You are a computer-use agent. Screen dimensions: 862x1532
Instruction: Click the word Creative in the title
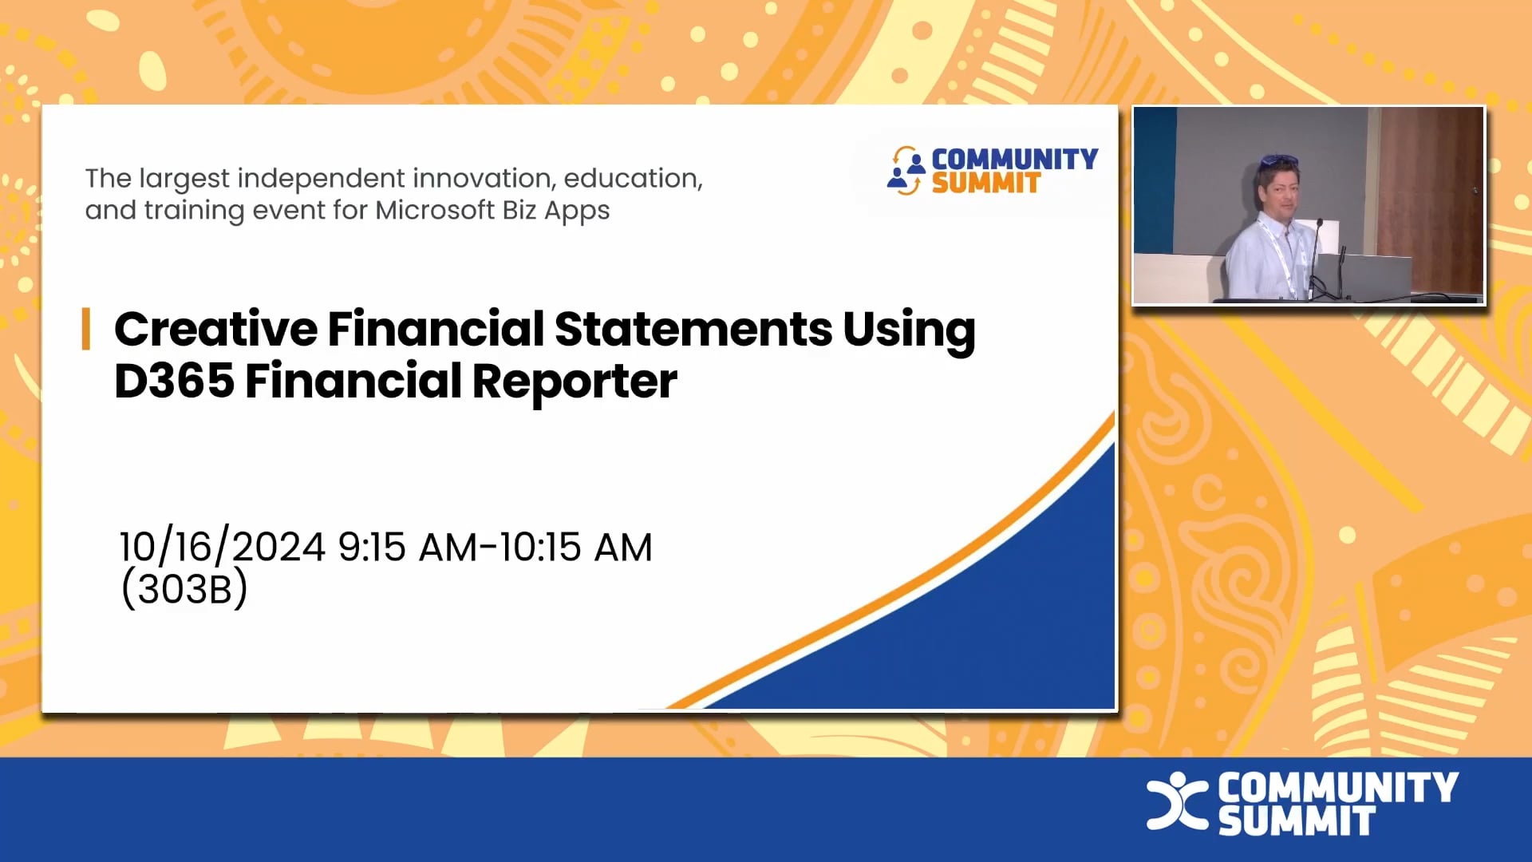(x=215, y=330)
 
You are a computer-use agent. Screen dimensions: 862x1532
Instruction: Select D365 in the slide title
(x=174, y=381)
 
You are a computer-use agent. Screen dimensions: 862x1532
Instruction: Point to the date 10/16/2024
(x=222, y=548)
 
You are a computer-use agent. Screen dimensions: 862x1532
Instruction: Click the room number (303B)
(x=184, y=589)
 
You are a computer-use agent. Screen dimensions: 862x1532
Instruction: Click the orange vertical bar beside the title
(x=85, y=329)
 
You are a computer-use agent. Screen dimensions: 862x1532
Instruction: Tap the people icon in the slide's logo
(x=906, y=170)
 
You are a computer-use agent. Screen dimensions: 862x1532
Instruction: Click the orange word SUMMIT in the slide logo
(x=986, y=184)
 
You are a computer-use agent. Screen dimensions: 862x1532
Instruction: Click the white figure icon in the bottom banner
(x=1176, y=801)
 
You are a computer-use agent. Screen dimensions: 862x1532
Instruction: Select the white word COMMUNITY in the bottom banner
(x=1338, y=788)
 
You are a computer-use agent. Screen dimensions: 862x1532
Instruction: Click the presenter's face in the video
(x=1277, y=192)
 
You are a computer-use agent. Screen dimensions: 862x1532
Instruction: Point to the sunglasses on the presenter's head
(x=1278, y=162)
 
